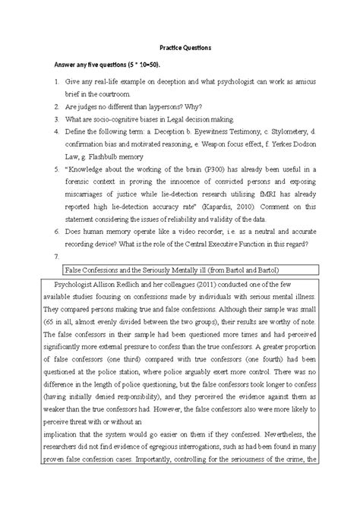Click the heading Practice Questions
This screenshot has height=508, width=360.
point(180,46)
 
